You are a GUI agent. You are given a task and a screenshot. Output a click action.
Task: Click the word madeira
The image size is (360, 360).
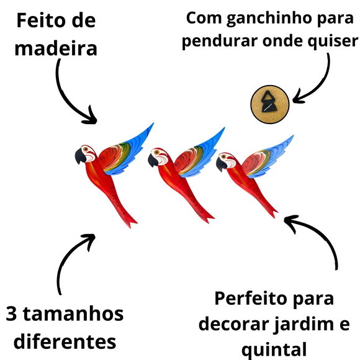tap(56, 48)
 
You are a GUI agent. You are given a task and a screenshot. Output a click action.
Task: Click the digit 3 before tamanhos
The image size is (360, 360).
tap(11, 313)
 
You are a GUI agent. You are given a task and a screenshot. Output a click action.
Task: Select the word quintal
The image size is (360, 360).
tap(274, 350)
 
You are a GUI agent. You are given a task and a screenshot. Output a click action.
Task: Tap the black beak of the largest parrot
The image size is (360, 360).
tap(80, 156)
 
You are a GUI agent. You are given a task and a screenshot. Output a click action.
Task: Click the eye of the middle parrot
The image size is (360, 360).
tap(157, 152)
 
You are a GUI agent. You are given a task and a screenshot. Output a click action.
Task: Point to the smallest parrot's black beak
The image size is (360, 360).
tap(222, 163)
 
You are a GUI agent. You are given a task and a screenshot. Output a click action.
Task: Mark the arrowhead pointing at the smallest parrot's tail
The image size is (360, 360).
tap(290, 222)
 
